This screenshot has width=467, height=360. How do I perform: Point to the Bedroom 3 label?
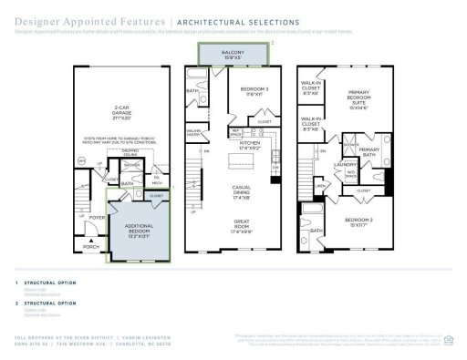(x=244, y=89)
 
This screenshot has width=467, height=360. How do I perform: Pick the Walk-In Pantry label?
(x=194, y=132)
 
